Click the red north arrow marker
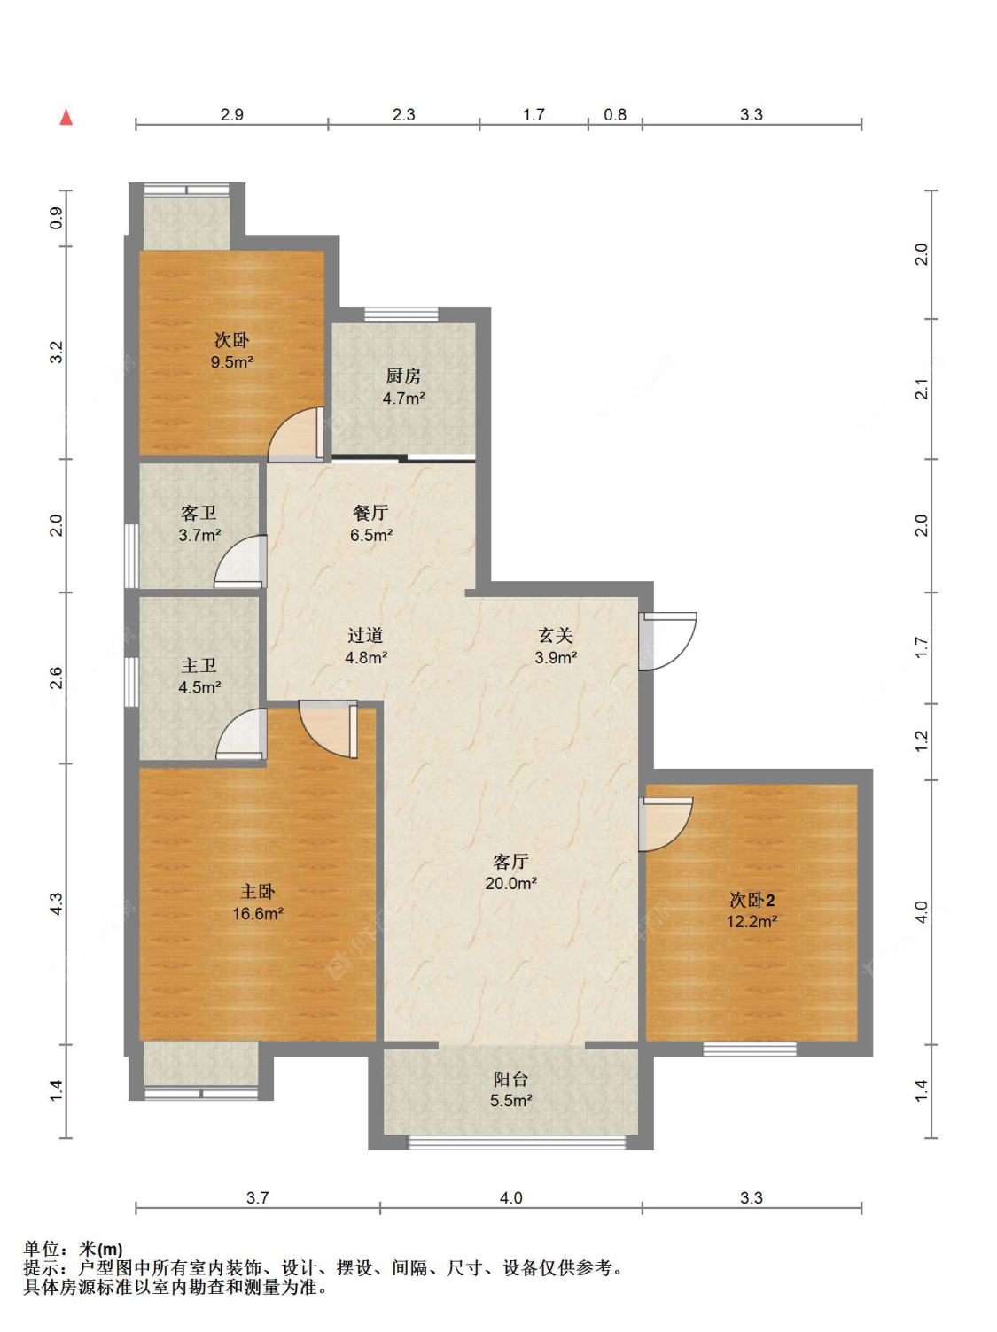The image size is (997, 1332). pos(66,117)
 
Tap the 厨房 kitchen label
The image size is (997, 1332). pos(403,376)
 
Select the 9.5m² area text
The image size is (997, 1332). pos(232,362)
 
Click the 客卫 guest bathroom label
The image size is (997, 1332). pos(199,514)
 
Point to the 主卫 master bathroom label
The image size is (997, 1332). pos(199,666)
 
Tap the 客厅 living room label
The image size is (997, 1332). pos(510,861)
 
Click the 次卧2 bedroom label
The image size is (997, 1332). pos(752,899)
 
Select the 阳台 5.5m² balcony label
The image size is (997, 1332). pos(510,1089)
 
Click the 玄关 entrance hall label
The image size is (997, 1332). pos(556,635)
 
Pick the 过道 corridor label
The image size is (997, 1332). pos(365,635)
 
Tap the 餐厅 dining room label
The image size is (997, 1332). pos(370,513)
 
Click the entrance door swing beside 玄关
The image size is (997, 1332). pos(668,641)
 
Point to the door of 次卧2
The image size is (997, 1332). pos(666,824)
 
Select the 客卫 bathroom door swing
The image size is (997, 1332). pos(240,561)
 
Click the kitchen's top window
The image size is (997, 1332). pos(401,314)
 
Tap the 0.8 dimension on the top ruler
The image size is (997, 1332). pos(615,114)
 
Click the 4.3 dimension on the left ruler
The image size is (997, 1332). pos(56,903)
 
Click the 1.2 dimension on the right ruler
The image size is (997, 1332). pos(922,741)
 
